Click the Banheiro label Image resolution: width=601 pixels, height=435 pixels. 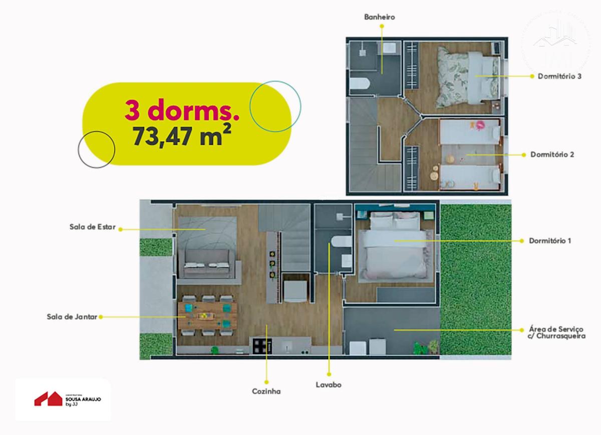click(x=379, y=17)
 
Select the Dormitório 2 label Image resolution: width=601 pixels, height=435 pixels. click(x=552, y=154)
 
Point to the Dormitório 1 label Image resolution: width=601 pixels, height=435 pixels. click(x=550, y=240)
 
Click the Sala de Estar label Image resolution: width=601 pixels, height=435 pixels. click(x=93, y=226)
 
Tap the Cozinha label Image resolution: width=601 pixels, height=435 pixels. click(x=266, y=391)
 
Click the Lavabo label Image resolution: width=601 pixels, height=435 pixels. click(x=329, y=385)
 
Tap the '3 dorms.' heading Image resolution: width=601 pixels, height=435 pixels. click(x=181, y=110)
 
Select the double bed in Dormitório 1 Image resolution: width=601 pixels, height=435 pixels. click(x=396, y=247)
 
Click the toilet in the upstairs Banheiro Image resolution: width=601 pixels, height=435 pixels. click(x=360, y=83)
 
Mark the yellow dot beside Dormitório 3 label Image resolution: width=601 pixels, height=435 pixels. click(x=531, y=76)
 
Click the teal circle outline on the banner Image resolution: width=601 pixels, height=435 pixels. click(x=275, y=106)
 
